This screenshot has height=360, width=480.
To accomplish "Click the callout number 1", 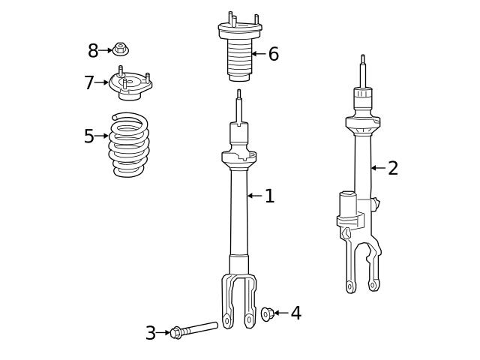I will coord(269,196).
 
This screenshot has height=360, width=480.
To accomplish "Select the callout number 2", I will coord(392,169).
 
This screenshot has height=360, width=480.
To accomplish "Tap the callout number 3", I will coord(151,334).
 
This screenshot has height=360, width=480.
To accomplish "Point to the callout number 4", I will coord(295,313).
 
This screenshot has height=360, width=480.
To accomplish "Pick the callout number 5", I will coord(89,136).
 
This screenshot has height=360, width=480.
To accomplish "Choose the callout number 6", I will coord(273,54).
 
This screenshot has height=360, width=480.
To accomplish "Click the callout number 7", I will coord(89,83).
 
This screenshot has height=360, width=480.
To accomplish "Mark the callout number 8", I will coord(93,51).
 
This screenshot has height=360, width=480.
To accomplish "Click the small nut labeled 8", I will coord(120,49).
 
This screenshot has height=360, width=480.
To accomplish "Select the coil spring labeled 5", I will coord(130,145).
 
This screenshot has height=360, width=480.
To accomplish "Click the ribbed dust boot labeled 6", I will coord(239,58).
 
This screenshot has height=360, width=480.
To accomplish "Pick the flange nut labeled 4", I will coord(266,314).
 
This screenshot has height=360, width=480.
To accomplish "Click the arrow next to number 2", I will coord(378,168).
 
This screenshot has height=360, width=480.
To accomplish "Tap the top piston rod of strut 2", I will coord(363,71).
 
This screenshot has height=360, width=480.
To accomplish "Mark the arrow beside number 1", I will coord(254,196).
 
